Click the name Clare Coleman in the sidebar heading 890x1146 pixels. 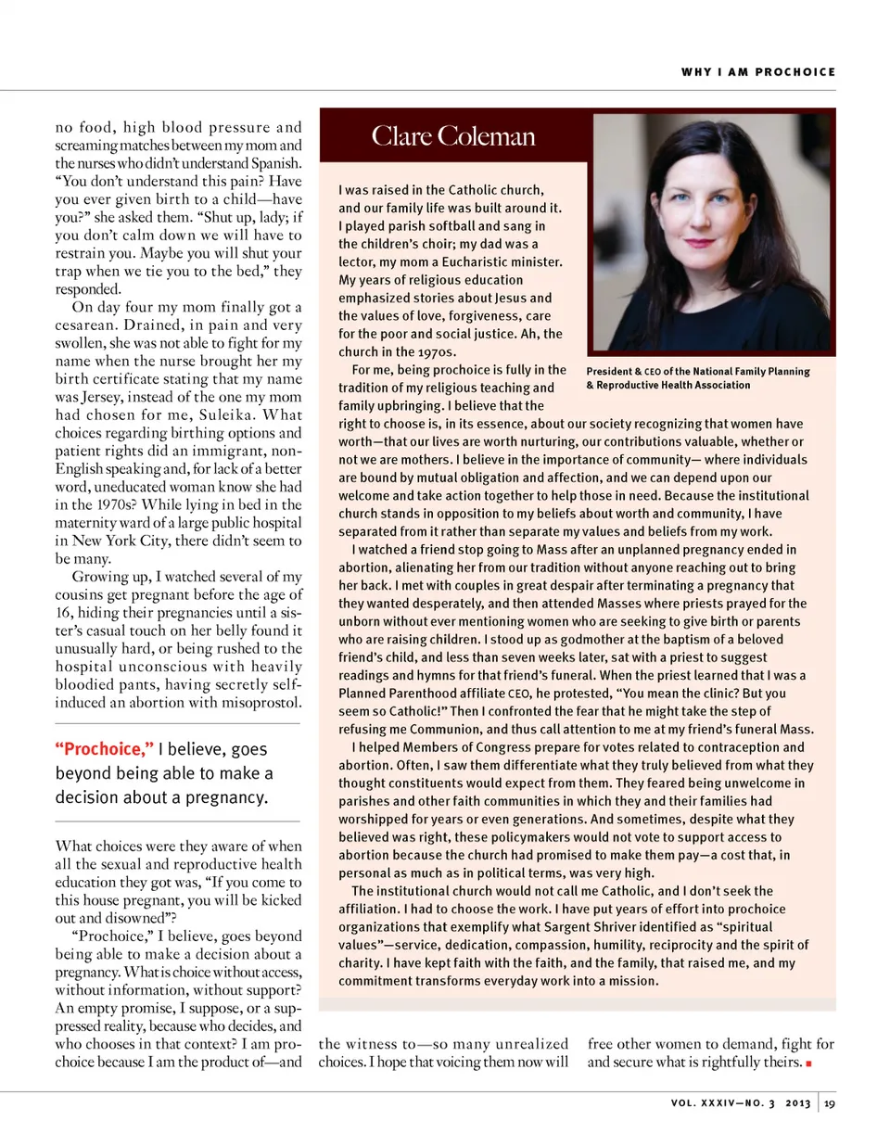pos(453,136)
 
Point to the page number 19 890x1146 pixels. pos(829,1103)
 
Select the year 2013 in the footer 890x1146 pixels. pos(797,1103)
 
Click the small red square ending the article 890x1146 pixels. pos(809,1063)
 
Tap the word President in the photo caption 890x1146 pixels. pos(608,372)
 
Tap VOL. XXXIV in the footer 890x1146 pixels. pos(704,1103)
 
